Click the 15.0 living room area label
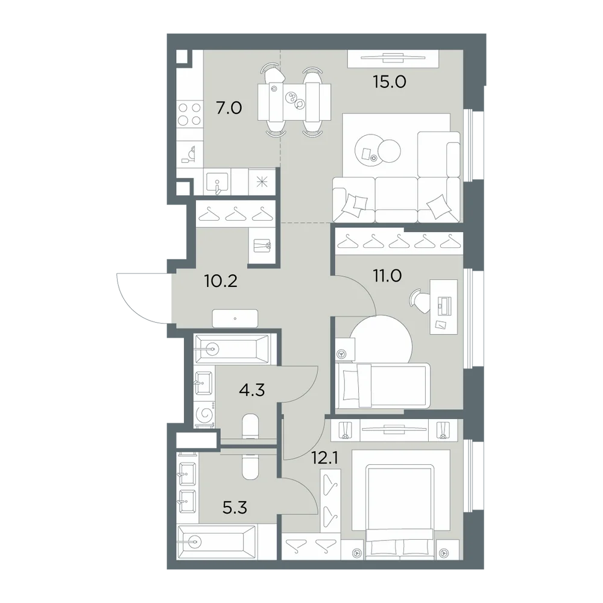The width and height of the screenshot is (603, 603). pyautogui.click(x=389, y=82)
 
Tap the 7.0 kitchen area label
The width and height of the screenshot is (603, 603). pyautogui.click(x=229, y=108)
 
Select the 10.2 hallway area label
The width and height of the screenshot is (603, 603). pyautogui.click(x=221, y=282)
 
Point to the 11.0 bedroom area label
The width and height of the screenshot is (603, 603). pyautogui.click(x=387, y=276)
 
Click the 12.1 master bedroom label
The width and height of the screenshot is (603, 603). pyautogui.click(x=325, y=458)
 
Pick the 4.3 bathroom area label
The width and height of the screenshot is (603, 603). pyautogui.click(x=252, y=390)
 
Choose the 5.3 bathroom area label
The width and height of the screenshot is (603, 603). pyautogui.click(x=235, y=508)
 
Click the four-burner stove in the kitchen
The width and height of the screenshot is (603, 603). pyautogui.click(x=189, y=114)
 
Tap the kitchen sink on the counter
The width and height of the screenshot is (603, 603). pyautogui.click(x=217, y=182)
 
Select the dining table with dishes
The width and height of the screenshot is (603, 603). pyautogui.click(x=294, y=102)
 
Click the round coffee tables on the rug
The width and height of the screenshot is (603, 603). pyautogui.click(x=377, y=150)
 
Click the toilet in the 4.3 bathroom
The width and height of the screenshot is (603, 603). pyautogui.click(x=252, y=426)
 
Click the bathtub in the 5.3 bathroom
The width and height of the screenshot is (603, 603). pyautogui.click(x=217, y=541)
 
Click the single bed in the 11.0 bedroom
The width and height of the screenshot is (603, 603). pyautogui.click(x=383, y=386)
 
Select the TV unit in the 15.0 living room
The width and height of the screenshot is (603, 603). pyautogui.click(x=393, y=59)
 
